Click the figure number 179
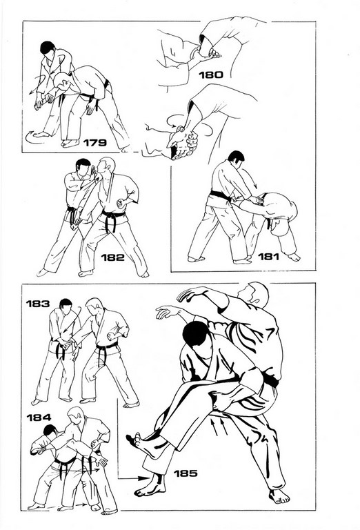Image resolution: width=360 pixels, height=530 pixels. coord(95,143)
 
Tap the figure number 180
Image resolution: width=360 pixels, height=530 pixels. coord(211,75)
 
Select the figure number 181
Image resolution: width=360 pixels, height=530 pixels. coord(268,257)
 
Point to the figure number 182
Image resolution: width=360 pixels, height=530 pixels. coord(113,257)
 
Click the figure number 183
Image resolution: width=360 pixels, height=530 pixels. coord(38,304)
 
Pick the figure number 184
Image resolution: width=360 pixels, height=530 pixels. coord(39,418)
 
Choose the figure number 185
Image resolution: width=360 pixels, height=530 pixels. coord(186,473)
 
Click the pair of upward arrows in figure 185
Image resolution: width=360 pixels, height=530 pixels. coord(219,426)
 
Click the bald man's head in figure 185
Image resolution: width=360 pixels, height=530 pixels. coord(255,295)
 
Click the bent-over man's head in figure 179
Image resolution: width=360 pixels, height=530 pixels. coord(61,81)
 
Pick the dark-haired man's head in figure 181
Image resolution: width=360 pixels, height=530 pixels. coord(236,158)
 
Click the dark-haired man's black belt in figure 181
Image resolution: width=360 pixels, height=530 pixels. coord(220,195)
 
